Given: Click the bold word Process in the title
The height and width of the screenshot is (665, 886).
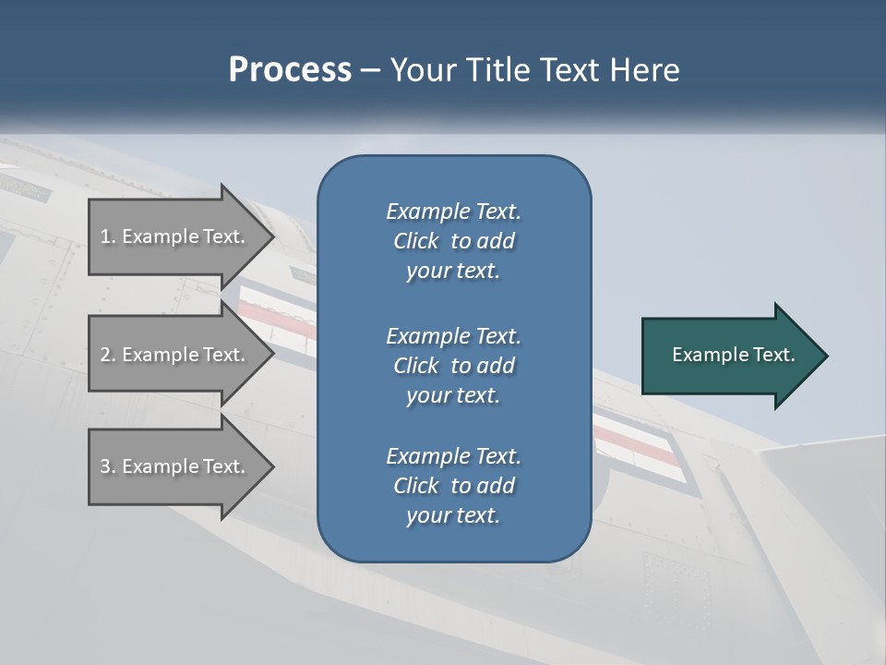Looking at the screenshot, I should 290,70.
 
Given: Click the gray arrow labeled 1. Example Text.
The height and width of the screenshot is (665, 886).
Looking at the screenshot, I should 175,236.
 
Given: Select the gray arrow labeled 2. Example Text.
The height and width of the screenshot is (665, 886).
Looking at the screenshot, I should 175,355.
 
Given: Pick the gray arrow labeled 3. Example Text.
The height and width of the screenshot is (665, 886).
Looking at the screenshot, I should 175,466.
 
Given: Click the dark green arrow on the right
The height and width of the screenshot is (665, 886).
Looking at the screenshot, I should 729,356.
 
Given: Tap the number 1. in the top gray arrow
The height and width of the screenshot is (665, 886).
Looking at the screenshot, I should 108,237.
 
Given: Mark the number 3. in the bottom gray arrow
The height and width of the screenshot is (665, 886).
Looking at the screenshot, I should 108,467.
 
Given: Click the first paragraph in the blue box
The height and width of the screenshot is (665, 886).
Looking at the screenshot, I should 453,241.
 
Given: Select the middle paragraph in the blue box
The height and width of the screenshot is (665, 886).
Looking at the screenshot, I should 453,366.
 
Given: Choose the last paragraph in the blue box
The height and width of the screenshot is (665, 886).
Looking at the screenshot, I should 453,486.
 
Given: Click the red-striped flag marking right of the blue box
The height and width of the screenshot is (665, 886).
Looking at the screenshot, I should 637,442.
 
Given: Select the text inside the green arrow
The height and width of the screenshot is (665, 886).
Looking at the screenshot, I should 734,355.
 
